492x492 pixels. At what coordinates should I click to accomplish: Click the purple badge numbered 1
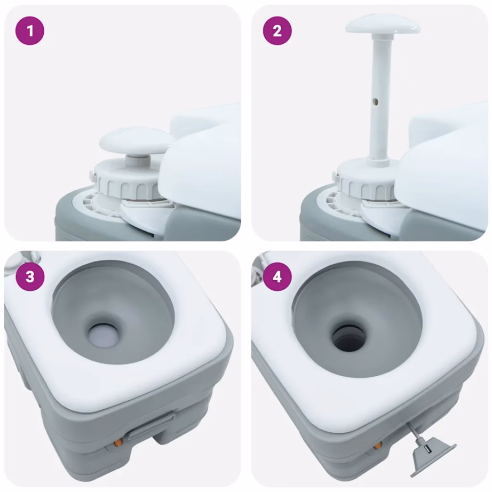pos(30,31)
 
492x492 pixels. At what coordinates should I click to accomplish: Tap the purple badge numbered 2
pos(277,31)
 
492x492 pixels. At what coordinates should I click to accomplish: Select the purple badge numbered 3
pos(30,277)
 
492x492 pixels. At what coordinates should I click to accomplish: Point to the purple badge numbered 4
pos(277,277)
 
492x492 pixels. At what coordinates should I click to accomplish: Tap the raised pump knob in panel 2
pos(383,25)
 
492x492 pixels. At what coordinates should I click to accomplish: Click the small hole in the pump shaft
pos(375,101)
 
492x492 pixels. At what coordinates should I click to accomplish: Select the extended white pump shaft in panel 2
pos(381,97)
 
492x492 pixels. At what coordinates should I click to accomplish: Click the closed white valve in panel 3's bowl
pos(104,336)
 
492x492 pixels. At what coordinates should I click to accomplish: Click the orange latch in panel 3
pos(118,442)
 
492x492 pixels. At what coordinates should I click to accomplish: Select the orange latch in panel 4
pos(378,445)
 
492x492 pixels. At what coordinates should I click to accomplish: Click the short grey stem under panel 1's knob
pos(138,161)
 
